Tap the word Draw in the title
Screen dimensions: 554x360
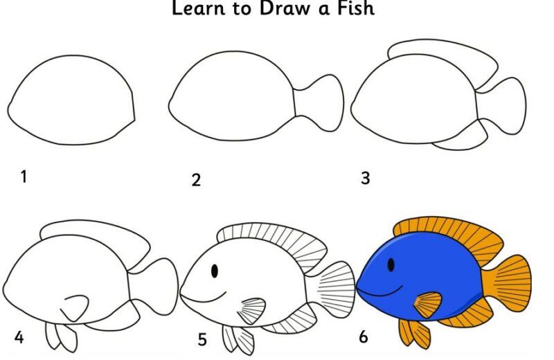click(285, 8)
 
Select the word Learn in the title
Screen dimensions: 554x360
click(198, 8)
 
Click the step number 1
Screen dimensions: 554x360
click(24, 177)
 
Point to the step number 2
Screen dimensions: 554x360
click(196, 180)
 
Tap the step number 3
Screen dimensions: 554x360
click(366, 178)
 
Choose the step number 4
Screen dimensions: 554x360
click(19, 337)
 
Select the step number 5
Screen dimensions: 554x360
click(202, 339)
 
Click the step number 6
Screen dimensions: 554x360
click(363, 337)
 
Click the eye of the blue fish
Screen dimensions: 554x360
click(391, 264)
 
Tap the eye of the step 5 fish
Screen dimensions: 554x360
click(215, 271)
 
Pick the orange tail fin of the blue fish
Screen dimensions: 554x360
click(508, 284)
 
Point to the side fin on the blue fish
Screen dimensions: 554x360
click(428, 305)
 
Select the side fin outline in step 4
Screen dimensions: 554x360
click(75, 308)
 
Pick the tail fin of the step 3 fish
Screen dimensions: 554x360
click(501, 106)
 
